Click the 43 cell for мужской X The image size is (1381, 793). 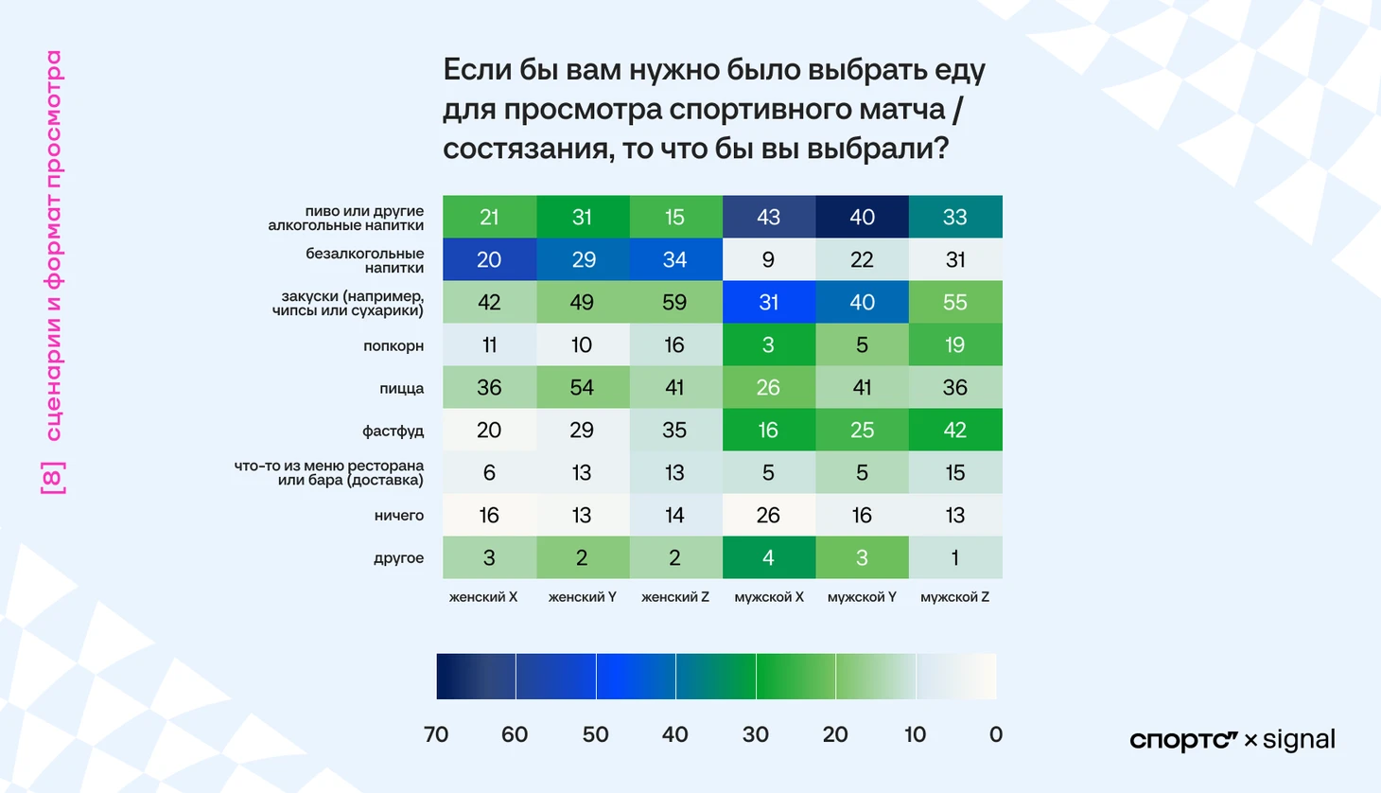tap(768, 217)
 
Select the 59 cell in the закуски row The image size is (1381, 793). tap(674, 302)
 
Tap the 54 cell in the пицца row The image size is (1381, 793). tap(582, 387)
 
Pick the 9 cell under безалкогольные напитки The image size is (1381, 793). tap(768, 259)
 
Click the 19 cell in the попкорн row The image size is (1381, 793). tap(955, 344)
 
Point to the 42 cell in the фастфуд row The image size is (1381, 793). tap(955, 430)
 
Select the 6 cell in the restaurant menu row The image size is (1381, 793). tap(489, 472)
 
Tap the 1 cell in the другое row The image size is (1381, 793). tap(955, 557)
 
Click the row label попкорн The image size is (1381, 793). tap(393, 345)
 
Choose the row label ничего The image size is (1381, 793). tap(399, 516)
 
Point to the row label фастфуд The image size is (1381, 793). tap(393, 431)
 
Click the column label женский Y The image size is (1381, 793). tap(583, 597)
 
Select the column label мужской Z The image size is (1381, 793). tap(955, 597)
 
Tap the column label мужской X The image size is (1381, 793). tap(769, 597)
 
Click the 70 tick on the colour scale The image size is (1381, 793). tap(436, 734)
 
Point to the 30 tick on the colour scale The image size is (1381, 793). tap(756, 734)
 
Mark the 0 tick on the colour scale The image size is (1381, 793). tap(995, 734)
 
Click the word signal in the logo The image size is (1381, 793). tap(1299, 740)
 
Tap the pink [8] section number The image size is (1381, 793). tap(53, 478)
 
